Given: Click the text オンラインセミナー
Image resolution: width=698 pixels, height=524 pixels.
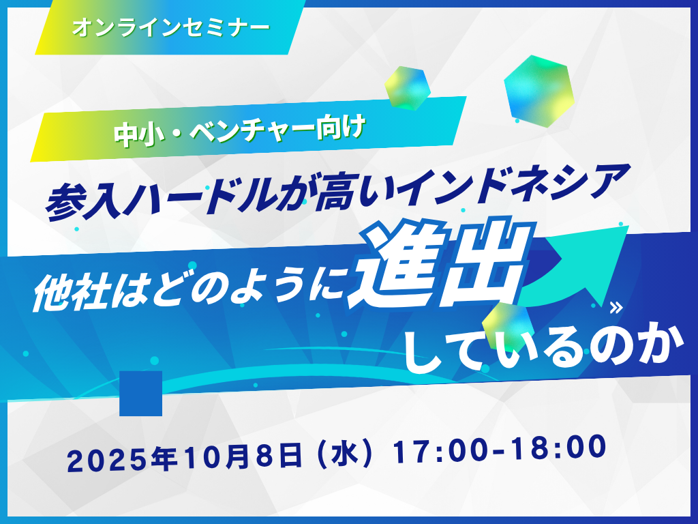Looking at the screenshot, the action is (x=171, y=28).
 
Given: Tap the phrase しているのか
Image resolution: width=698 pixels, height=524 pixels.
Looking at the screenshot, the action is (x=543, y=350).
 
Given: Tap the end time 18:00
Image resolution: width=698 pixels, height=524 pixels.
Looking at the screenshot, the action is (x=559, y=447).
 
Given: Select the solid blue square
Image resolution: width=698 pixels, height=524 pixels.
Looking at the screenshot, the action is (x=140, y=393).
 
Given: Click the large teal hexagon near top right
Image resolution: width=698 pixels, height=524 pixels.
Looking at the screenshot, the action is (x=538, y=91).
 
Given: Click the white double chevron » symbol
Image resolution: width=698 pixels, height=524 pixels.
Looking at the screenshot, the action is (x=616, y=308).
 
